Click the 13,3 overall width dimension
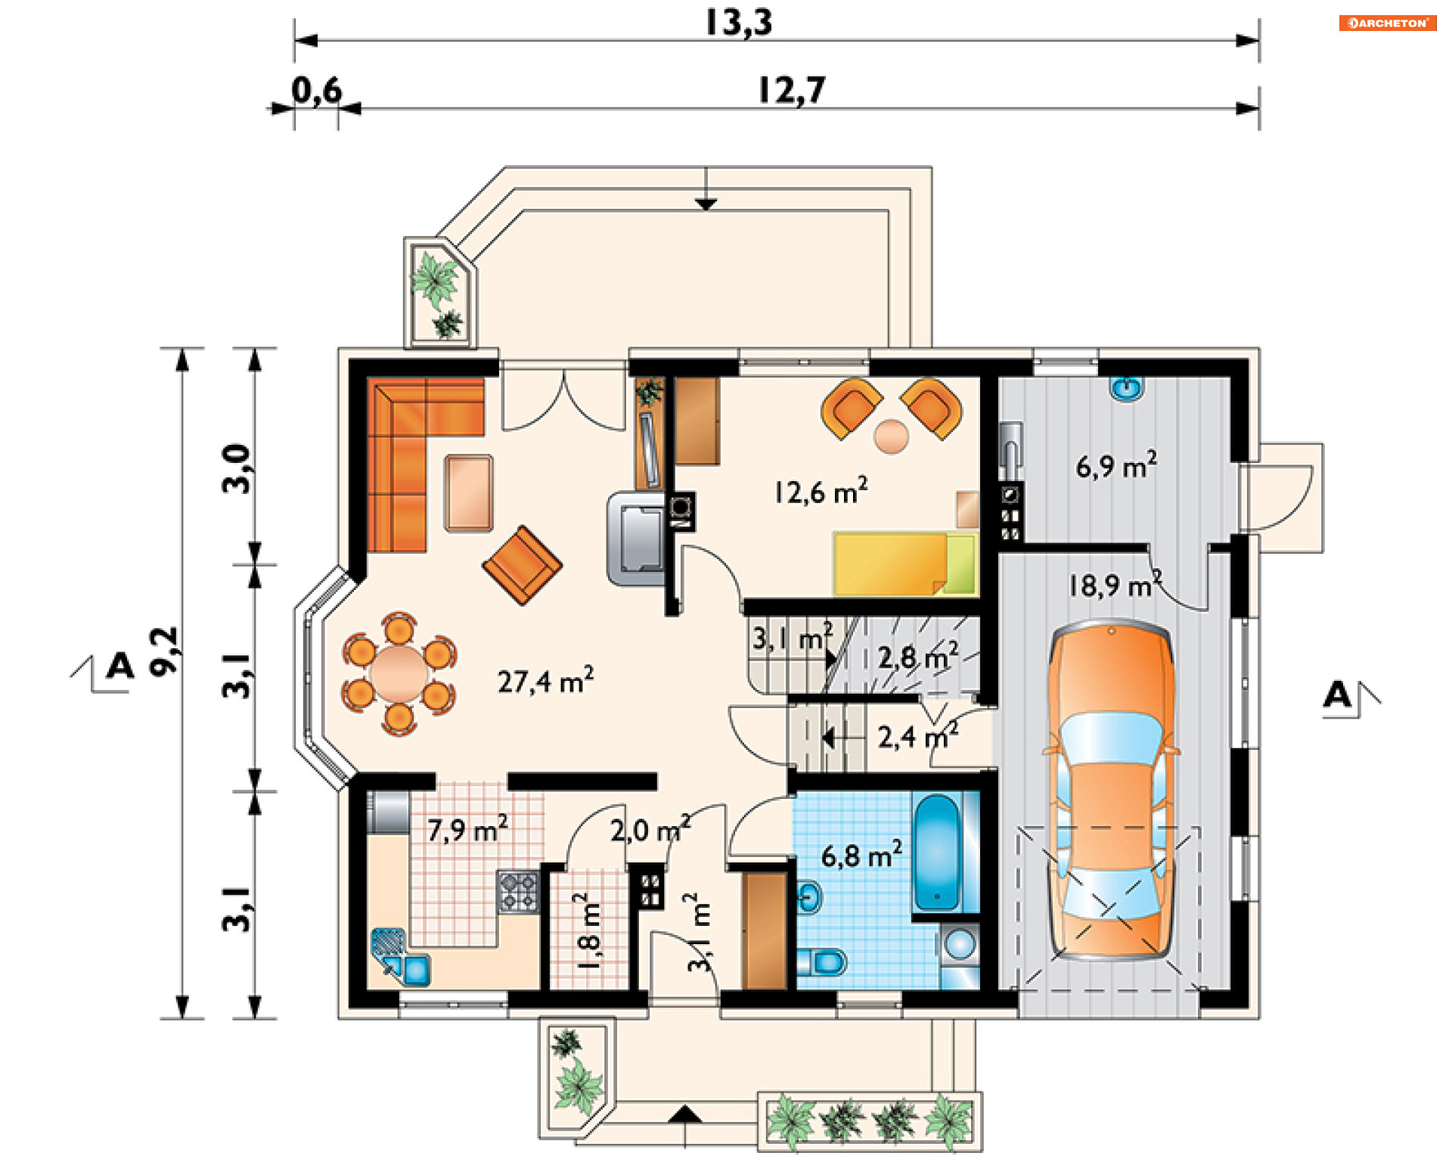pos(739,22)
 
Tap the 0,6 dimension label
pos(317,91)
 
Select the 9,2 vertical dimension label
pos(163,651)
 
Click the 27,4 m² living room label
pos(545,681)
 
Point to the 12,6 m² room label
pos(821,492)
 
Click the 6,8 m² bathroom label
pos(861,855)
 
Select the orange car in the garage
pos(1111,791)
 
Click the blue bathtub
pos(937,852)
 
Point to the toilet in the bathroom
pos(822,963)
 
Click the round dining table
pos(399,673)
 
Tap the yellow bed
pos(905,564)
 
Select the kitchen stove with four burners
pos(518,891)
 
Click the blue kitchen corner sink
pos(402,957)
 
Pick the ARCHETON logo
pos(1388,23)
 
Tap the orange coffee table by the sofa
pos(469,493)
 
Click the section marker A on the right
pos(1337,694)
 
